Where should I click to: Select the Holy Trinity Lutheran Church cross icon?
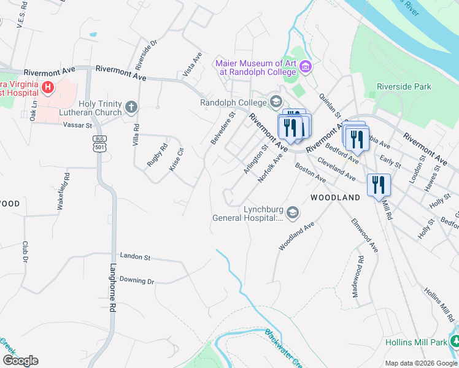pos(131,108)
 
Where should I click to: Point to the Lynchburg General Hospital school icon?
pos(292,212)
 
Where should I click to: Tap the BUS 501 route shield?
pos(98,144)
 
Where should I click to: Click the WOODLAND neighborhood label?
pos(335,197)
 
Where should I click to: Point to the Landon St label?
pos(135,256)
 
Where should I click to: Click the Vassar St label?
pos(77,125)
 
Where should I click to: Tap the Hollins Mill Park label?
pos(417,341)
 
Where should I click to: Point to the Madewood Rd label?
pos(357,277)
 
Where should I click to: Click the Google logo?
pos(20,361)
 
